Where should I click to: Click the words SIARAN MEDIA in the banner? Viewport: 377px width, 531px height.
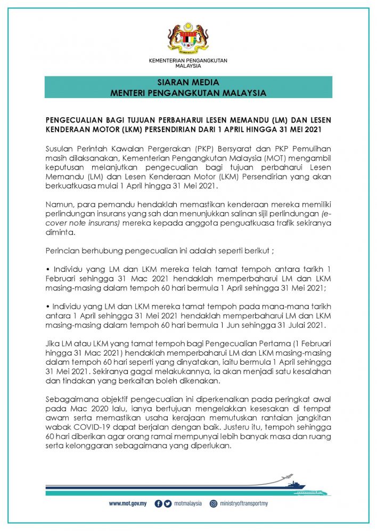click(x=188, y=83)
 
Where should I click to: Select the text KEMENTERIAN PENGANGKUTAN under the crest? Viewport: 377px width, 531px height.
click(x=188, y=61)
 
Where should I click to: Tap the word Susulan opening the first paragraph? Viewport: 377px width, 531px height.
click(x=61, y=146)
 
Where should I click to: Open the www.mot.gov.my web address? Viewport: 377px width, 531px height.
click(x=128, y=503)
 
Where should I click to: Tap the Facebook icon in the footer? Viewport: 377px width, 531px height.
click(x=159, y=503)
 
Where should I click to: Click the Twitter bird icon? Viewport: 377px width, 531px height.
click(x=168, y=503)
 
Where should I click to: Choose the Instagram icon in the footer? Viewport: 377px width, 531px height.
click(x=214, y=503)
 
